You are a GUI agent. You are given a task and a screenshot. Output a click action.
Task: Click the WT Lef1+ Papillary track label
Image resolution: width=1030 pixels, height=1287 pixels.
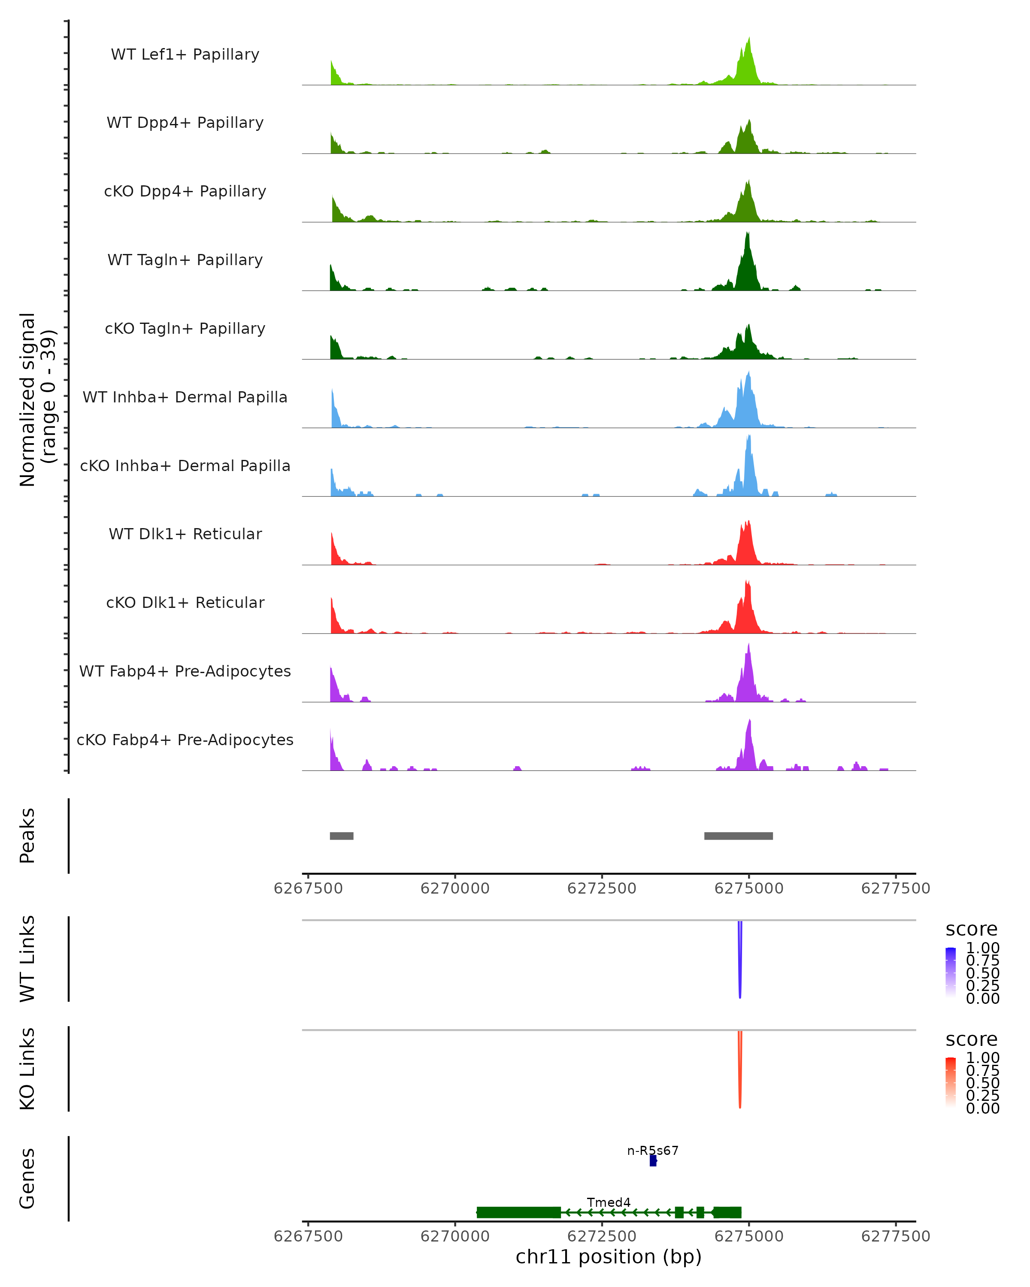click(x=185, y=54)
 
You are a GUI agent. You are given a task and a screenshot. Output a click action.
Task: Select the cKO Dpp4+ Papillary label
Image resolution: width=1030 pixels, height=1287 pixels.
click(x=185, y=191)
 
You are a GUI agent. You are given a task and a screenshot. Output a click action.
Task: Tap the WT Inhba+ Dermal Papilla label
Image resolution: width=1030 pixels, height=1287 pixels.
click(x=185, y=397)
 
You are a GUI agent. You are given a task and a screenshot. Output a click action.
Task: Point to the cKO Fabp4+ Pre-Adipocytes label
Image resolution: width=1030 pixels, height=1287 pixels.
click(x=185, y=740)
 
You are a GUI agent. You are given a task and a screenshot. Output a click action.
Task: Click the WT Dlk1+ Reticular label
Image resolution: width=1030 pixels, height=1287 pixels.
click(x=185, y=534)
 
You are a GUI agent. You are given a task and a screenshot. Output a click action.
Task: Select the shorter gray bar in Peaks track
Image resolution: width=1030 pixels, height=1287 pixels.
click(x=342, y=836)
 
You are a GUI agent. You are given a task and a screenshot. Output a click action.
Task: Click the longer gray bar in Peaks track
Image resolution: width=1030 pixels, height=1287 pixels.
click(x=739, y=836)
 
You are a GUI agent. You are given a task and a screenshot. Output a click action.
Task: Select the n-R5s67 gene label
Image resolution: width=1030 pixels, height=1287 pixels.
click(x=653, y=1150)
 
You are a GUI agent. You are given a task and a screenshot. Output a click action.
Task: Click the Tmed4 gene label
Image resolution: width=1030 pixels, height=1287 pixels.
click(x=609, y=1202)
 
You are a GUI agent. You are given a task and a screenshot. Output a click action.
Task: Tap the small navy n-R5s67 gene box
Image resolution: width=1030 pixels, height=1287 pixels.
click(x=653, y=1160)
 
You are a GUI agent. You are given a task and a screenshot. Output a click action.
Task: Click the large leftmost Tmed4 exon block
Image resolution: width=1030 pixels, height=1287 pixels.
click(x=518, y=1212)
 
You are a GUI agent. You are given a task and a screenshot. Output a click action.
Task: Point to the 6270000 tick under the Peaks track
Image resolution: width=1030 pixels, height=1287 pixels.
click(x=455, y=888)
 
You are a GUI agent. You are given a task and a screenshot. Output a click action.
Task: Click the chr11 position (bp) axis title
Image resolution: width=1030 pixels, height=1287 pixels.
click(x=609, y=1257)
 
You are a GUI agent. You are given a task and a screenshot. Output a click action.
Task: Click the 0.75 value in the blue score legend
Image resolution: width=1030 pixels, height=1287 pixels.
click(x=983, y=961)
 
